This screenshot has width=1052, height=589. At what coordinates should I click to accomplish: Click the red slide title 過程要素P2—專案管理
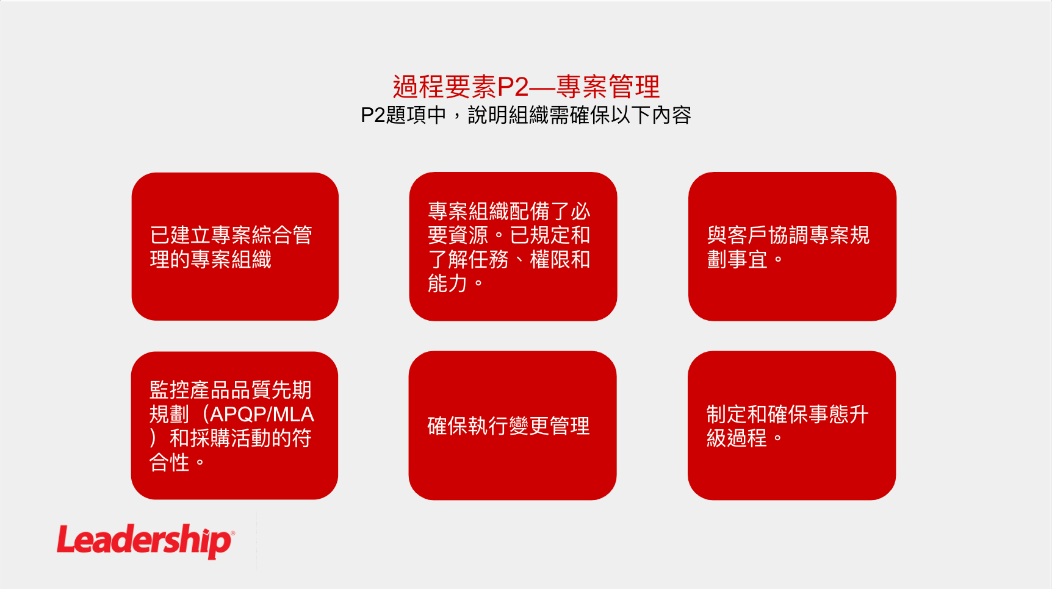[526, 87]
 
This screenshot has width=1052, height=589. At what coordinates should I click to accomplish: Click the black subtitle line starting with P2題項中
[526, 115]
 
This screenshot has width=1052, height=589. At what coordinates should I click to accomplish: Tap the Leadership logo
[145, 540]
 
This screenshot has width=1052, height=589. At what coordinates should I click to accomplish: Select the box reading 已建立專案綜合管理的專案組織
[235, 246]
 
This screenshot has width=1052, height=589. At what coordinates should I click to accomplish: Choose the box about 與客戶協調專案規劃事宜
[792, 246]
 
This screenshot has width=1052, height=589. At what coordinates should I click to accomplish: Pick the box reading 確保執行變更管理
[513, 426]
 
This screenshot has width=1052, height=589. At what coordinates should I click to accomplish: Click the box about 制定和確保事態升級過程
[791, 426]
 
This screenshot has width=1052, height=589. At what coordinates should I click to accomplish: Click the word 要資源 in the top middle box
[458, 235]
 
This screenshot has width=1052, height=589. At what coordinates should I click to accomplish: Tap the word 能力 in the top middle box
[447, 284]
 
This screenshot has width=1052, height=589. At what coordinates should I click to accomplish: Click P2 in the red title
[513, 87]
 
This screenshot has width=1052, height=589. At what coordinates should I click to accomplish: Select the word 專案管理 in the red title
[608, 87]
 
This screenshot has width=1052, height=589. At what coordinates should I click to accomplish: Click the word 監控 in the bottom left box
[170, 390]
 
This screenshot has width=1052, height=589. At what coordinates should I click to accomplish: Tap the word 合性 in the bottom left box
[170, 462]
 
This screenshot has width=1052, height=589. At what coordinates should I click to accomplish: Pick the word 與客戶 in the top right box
[737, 235]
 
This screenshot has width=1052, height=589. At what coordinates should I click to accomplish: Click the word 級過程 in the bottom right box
[737, 438]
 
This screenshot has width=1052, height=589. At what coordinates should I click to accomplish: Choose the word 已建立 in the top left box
[180, 235]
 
